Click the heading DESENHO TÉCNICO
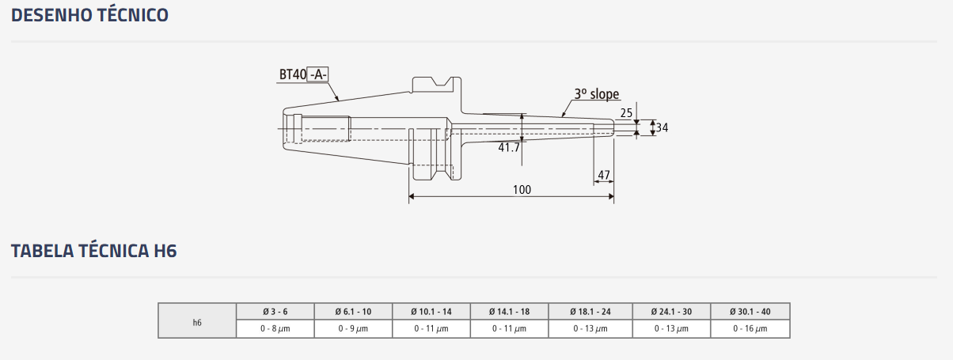tap(89, 15)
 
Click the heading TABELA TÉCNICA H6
tap(93, 251)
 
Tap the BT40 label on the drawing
tap(292, 74)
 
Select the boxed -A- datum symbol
tap(318, 74)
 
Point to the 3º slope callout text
tap(597, 94)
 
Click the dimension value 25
tap(626, 113)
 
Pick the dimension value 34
tap(662, 127)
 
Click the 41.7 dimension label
tap(509, 147)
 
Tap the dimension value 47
tap(604, 175)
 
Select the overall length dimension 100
tap(522, 190)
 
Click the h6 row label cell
tap(197, 320)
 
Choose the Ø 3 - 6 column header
tap(275, 312)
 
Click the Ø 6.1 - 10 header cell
tap(353, 312)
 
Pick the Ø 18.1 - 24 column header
tap(590, 312)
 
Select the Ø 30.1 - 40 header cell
tap(750, 312)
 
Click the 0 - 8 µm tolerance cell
tap(275, 328)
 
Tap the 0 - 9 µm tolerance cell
tap(353, 328)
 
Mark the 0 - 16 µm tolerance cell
tap(750, 328)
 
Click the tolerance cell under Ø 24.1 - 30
tap(671, 328)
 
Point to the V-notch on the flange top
tap(442, 81)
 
